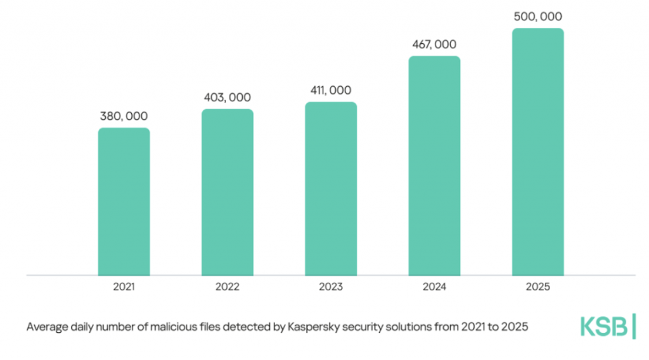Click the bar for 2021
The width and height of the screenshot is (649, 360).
pyautogui.click(x=124, y=202)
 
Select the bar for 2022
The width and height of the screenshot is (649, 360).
pyautogui.click(x=228, y=192)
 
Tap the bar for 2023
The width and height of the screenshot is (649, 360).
pyautogui.click(x=331, y=189)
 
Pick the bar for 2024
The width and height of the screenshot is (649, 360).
pyautogui.click(x=434, y=166)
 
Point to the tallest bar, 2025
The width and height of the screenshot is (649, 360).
pyautogui.click(x=537, y=152)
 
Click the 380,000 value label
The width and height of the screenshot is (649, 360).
pyautogui.click(x=124, y=117)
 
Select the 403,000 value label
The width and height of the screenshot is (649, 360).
pyautogui.click(x=228, y=98)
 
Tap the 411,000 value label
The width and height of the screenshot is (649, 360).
pyautogui.click(x=331, y=91)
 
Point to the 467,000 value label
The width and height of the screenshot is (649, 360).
pyautogui.click(x=434, y=45)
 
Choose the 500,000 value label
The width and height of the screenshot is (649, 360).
pyautogui.click(x=537, y=16)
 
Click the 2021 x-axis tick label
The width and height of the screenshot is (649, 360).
pyautogui.click(x=124, y=287)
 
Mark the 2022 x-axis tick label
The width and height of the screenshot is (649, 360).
pyautogui.click(x=228, y=287)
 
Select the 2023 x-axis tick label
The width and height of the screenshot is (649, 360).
pyautogui.click(x=331, y=287)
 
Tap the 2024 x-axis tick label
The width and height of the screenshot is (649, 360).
pyautogui.click(x=434, y=287)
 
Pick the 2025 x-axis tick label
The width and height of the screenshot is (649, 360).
pyautogui.click(x=537, y=287)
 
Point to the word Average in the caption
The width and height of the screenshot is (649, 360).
pyautogui.click(x=46, y=328)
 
